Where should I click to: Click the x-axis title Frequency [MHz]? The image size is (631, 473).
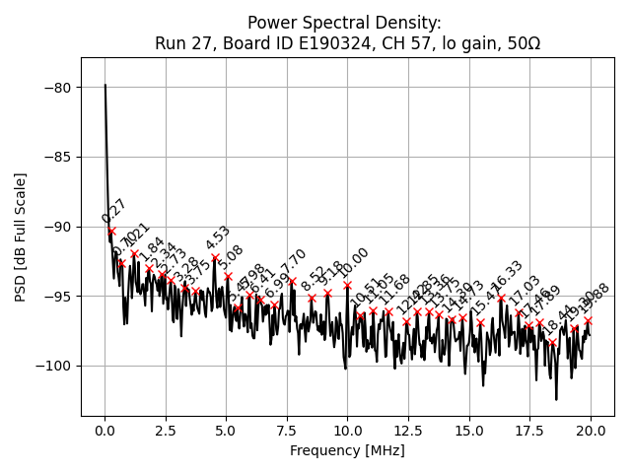point(347,450)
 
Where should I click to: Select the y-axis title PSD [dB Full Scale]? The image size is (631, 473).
point(20,236)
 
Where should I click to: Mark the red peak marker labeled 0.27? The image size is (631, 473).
point(111,231)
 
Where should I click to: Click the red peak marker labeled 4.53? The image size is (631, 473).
point(215,258)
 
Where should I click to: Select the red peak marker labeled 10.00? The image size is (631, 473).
point(347,285)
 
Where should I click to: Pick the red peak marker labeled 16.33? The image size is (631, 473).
point(501,298)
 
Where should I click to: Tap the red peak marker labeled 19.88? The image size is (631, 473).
point(588,320)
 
